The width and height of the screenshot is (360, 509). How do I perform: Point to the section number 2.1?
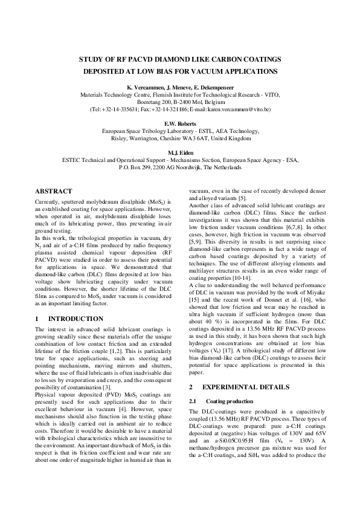pos(193,401)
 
